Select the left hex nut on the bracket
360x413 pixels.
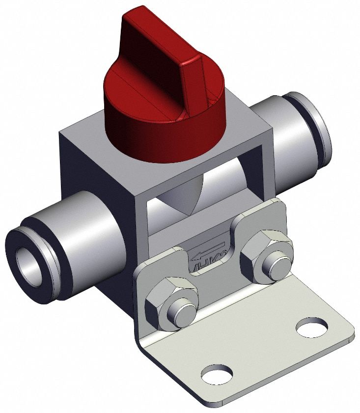pos(172,300)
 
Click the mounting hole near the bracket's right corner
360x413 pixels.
pos(312,327)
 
